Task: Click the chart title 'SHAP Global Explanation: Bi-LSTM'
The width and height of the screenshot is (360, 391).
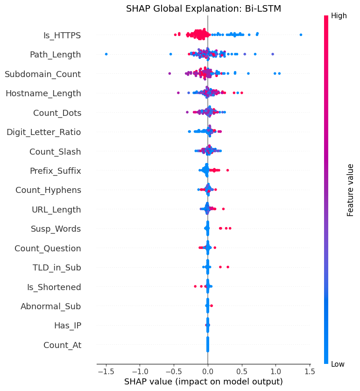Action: pyautogui.click(x=204, y=8)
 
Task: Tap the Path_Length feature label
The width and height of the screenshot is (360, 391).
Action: pyautogui.click(x=55, y=55)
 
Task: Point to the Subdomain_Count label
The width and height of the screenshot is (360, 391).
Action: pyautogui.click(x=43, y=74)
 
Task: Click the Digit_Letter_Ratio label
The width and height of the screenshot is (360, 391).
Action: pyautogui.click(x=43, y=132)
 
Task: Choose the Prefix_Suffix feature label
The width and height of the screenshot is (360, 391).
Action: pyautogui.click(x=55, y=171)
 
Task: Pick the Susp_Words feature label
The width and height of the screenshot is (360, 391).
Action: pyautogui.click(x=56, y=229)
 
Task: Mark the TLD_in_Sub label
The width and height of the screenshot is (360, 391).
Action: pyautogui.click(x=56, y=268)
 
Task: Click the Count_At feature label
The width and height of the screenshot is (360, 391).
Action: pyautogui.click(x=62, y=345)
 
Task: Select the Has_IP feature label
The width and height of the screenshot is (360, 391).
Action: pyautogui.click(x=67, y=326)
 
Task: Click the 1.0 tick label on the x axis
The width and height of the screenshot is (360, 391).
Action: pyautogui.click(x=275, y=372)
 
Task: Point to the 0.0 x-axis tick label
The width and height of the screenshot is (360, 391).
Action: pyautogui.click(x=207, y=372)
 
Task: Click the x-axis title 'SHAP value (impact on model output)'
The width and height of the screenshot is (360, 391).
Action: pyautogui.click(x=204, y=382)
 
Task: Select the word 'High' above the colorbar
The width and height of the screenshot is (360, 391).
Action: pyautogui.click(x=339, y=16)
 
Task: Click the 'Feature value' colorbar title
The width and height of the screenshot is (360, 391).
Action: pyautogui.click(x=350, y=190)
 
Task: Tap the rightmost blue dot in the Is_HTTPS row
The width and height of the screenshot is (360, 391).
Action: pyautogui.click(x=301, y=35)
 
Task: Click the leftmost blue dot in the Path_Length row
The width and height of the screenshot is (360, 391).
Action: pyautogui.click(x=106, y=54)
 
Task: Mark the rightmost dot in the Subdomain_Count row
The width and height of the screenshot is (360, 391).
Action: pyautogui.click(x=279, y=73)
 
